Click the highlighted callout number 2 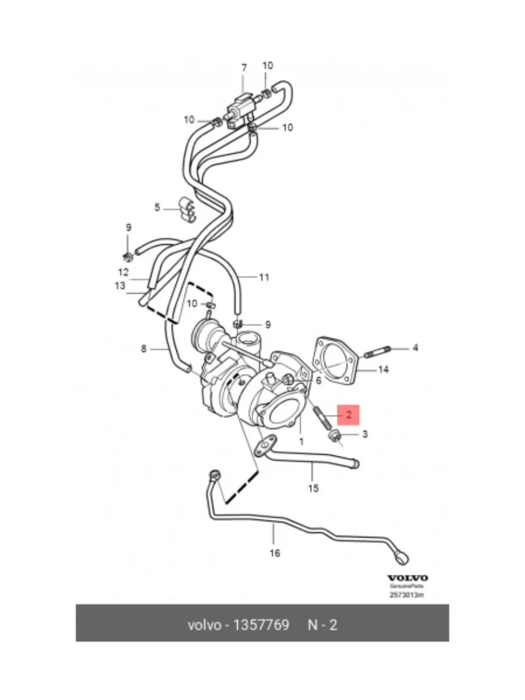(x=348, y=415)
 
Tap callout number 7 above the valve (x=244, y=68)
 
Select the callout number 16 (x=275, y=552)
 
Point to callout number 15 (x=313, y=488)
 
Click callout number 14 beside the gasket (x=383, y=369)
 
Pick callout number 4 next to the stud (x=415, y=348)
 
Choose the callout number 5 (x=157, y=207)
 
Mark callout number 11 (x=264, y=277)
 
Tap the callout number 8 (x=143, y=349)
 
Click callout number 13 (x=120, y=286)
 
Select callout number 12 (x=123, y=272)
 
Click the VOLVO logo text (x=408, y=577)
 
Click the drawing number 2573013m (x=407, y=596)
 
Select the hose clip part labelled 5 (x=185, y=208)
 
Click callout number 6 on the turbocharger (x=318, y=380)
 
